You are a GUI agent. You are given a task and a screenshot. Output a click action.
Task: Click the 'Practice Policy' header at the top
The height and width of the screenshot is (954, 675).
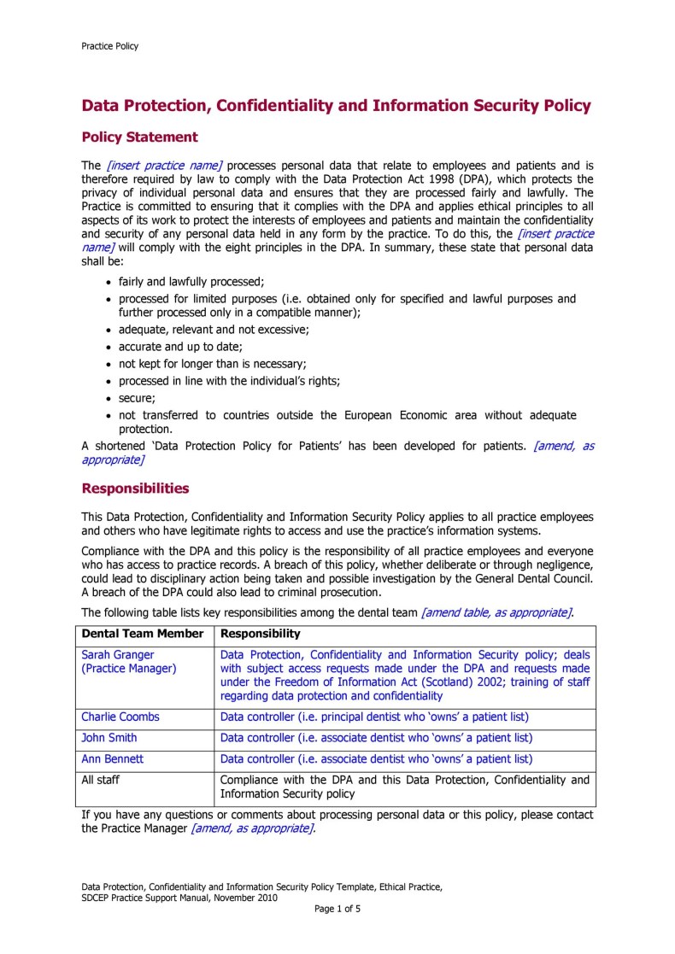tap(109, 46)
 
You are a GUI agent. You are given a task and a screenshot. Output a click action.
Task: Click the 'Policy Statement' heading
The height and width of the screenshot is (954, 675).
tap(139, 137)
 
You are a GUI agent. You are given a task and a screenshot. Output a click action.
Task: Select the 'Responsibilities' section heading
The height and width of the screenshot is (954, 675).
tap(135, 489)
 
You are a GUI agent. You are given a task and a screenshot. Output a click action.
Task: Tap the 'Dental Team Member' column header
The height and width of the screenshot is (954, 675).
tap(143, 634)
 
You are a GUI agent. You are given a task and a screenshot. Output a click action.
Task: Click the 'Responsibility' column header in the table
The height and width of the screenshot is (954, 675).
tap(261, 634)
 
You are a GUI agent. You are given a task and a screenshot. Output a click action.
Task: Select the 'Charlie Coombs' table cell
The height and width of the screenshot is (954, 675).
tap(120, 717)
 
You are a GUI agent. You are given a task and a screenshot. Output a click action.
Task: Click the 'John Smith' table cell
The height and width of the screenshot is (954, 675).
tap(109, 737)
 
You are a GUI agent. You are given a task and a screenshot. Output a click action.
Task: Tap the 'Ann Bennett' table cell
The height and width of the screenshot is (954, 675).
tap(114, 758)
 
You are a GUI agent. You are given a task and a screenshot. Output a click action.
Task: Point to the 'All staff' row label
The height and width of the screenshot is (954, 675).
tap(103, 779)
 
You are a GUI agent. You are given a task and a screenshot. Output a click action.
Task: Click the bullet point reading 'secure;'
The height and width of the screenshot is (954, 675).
tap(137, 398)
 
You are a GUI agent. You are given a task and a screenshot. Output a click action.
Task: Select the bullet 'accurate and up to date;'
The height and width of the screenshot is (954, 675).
tap(180, 347)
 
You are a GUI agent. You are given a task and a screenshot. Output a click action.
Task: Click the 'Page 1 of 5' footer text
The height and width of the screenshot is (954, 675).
tap(337, 909)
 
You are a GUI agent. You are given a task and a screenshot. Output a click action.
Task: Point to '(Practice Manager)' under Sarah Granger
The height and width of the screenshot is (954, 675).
tap(129, 668)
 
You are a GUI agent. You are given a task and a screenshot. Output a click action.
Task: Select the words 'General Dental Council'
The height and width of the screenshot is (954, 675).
tap(527, 579)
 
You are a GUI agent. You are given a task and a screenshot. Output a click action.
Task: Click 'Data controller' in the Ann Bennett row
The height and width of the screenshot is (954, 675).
tap(256, 758)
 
